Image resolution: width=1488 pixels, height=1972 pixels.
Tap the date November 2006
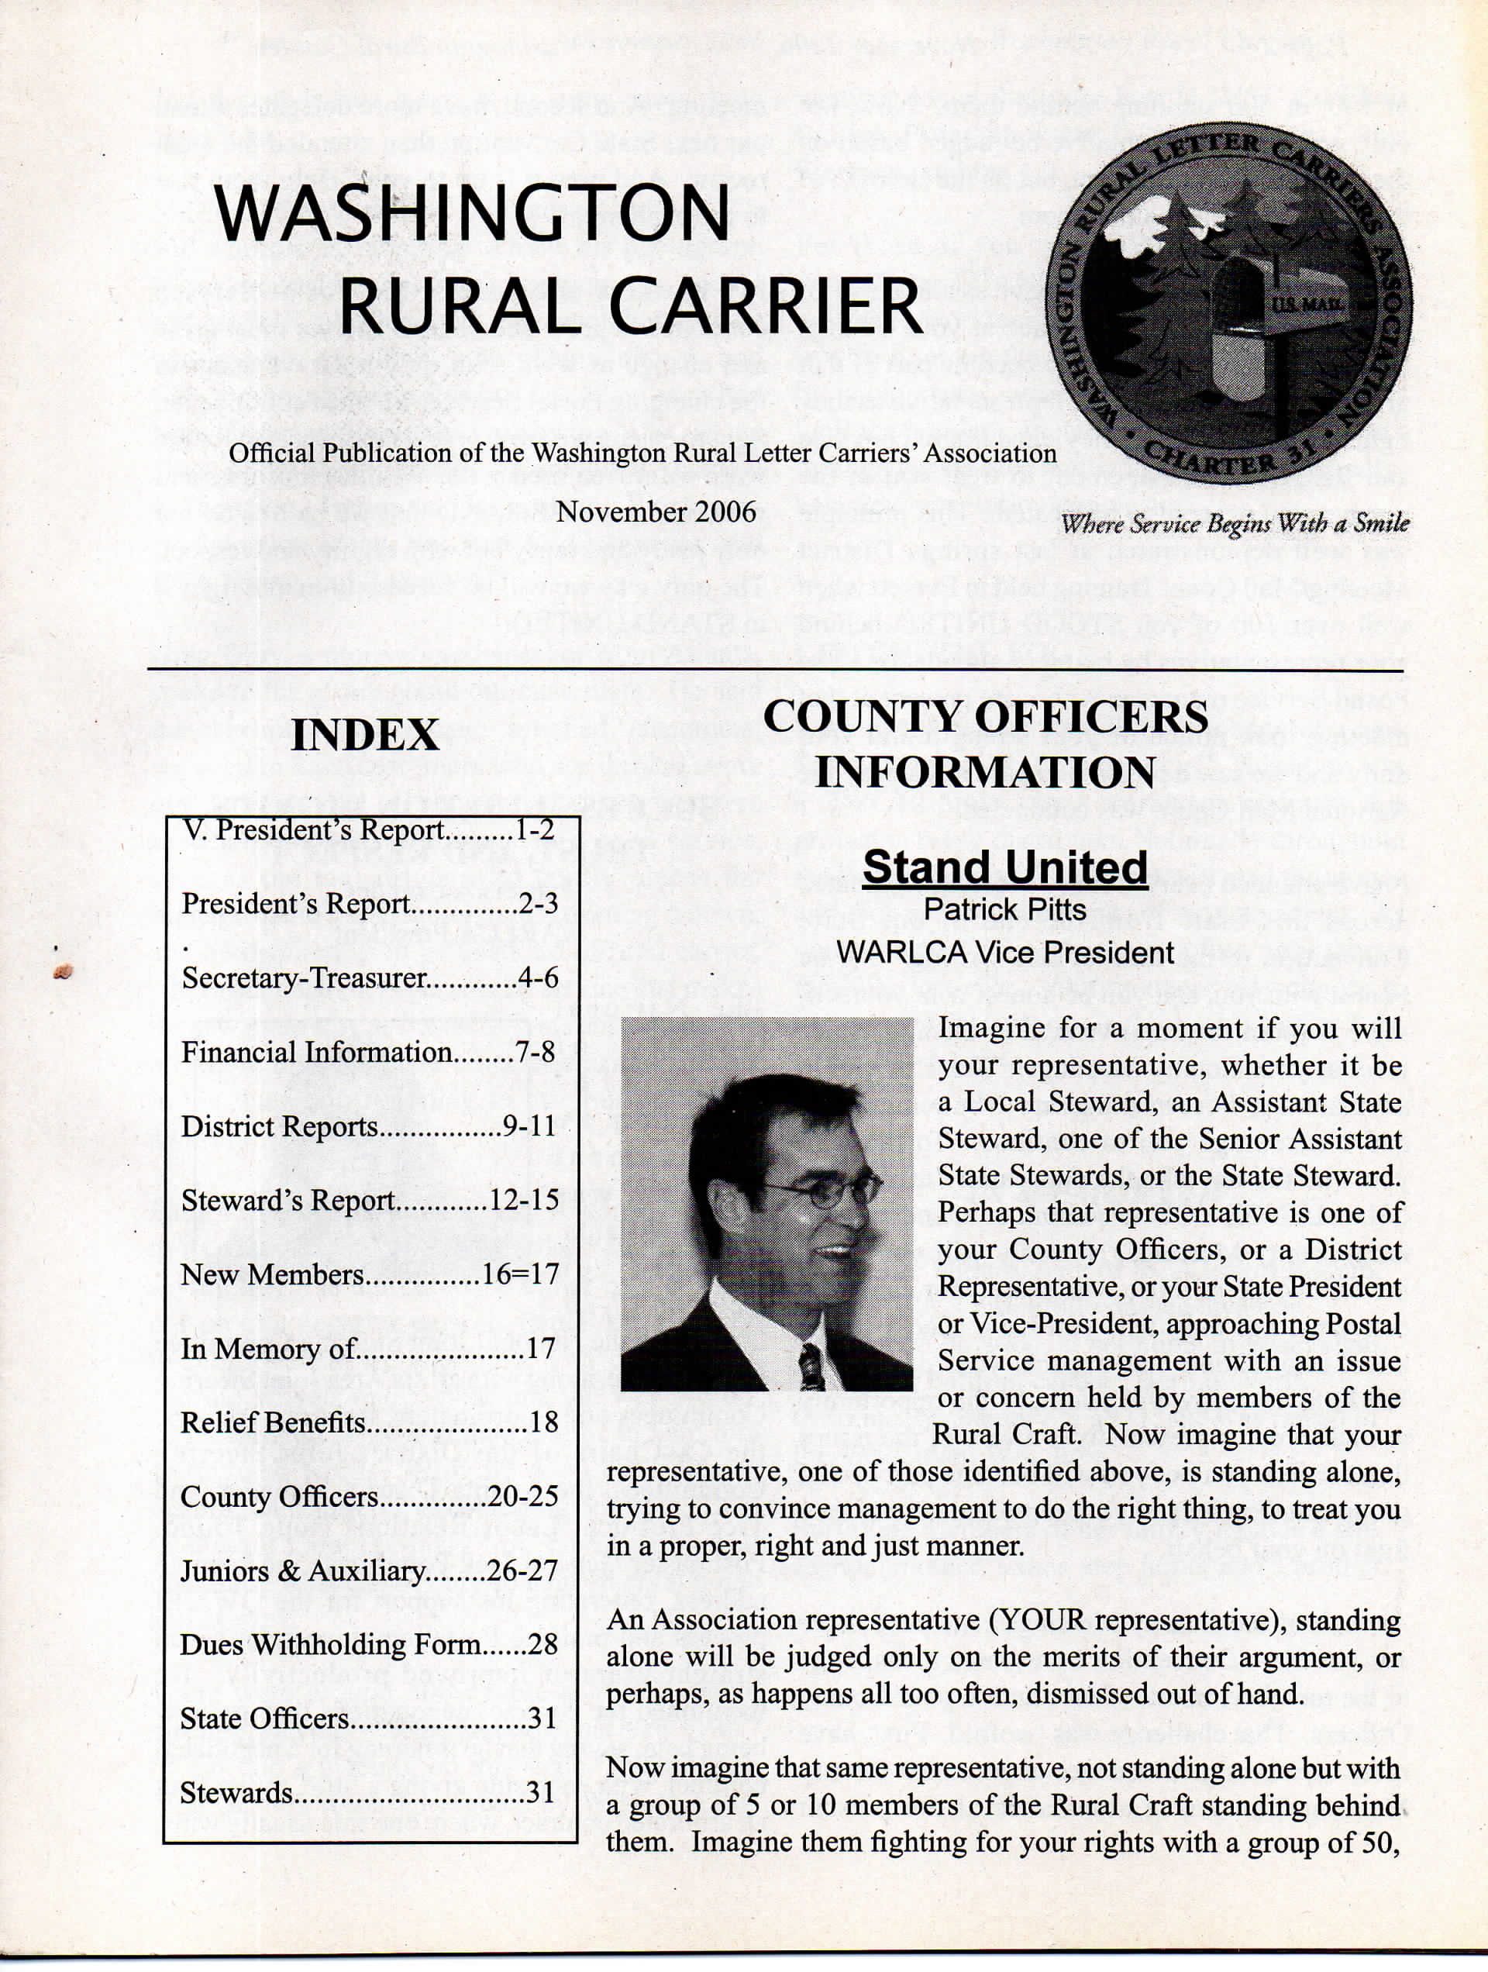click(x=656, y=512)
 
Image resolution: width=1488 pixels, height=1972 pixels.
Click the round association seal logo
click(x=1228, y=303)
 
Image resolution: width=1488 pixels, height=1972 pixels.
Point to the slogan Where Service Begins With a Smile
click(x=1235, y=523)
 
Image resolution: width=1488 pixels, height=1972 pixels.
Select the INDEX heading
click(x=365, y=736)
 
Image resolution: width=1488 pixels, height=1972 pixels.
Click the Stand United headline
click(x=1004, y=867)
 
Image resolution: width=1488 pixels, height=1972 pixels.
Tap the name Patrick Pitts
click(x=1004, y=909)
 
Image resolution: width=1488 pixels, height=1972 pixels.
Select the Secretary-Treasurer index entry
click(x=370, y=978)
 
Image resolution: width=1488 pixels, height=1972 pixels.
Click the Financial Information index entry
click(x=368, y=1052)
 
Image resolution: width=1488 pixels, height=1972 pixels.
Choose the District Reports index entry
click(x=368, y=1127)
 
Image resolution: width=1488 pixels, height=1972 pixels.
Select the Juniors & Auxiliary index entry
click(x=368, y=1570)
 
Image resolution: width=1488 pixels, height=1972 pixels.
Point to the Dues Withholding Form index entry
click(x=368, y=1645)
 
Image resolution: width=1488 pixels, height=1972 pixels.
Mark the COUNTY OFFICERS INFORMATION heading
click(x=985, y=744)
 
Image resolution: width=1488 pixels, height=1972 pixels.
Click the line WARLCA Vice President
click(x=1004, y=952)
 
